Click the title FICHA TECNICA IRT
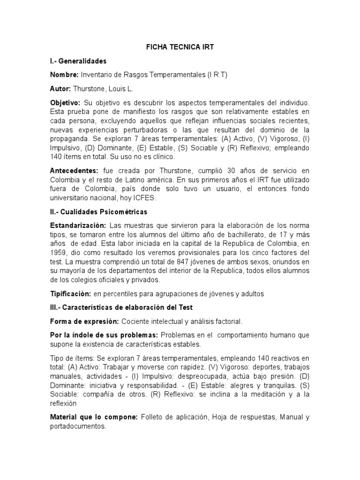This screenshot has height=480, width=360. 180,47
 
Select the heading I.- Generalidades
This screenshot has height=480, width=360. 78,61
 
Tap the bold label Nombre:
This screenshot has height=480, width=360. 64,75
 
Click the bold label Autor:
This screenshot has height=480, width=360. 60,89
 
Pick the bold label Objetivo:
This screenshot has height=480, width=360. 65,102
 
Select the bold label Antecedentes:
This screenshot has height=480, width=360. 74,171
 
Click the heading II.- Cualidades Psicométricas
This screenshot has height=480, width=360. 98,212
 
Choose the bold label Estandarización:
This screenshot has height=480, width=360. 78,225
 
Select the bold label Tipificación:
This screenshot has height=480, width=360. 70,294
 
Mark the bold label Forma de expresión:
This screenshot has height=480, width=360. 84,322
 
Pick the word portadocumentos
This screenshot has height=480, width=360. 78,427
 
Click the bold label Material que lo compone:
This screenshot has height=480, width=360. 94,417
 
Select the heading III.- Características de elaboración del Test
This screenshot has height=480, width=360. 121,307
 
